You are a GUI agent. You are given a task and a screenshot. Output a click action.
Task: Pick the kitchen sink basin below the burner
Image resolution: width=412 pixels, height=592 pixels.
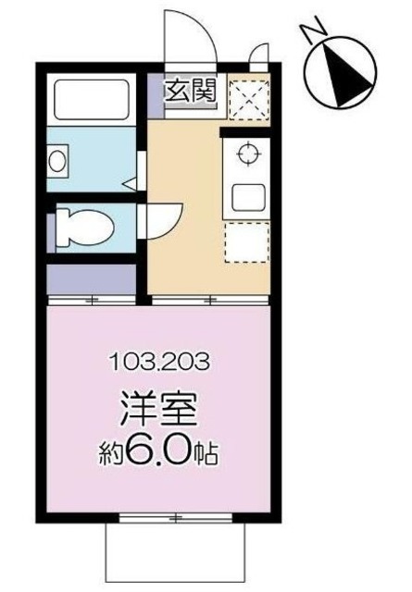[247, 197]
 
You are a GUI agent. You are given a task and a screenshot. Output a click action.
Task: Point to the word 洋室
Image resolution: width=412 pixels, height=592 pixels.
[158, 407]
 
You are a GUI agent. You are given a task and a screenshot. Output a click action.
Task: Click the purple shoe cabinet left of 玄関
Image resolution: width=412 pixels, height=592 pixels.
[155, 91]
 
